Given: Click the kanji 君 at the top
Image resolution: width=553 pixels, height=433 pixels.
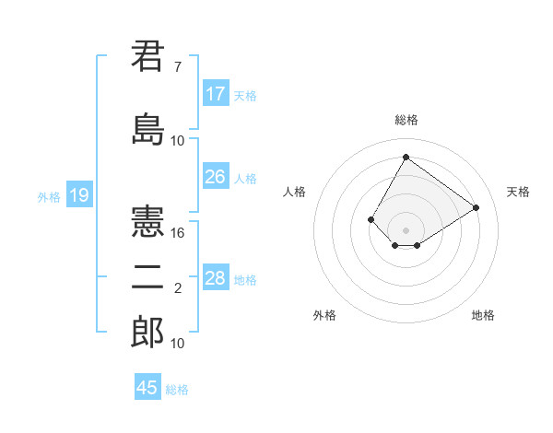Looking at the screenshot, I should click(147, 57).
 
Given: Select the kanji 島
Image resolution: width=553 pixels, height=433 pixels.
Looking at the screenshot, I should click(147, 127).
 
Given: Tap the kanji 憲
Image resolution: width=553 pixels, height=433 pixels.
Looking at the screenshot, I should click(147, 221).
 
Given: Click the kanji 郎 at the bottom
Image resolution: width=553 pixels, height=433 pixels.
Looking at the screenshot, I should click(147, 332).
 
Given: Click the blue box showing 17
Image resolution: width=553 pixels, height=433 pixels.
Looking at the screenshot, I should click(216, 94).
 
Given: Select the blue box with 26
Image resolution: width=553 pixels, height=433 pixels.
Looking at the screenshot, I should click(216, 177).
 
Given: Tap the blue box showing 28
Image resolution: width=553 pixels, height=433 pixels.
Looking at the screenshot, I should click(216, 278).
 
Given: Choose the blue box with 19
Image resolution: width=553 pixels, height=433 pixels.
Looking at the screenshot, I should click(78, 195).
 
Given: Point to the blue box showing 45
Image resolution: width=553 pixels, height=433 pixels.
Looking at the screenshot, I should click(147, 388).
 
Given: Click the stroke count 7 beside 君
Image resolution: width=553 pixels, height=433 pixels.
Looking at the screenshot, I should click(177, 67).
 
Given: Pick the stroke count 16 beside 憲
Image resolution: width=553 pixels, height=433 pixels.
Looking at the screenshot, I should click(178, 233).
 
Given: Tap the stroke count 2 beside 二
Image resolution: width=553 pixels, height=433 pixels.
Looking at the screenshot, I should click(177, 289).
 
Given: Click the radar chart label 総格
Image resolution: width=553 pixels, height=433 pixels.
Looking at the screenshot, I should click(406, 120).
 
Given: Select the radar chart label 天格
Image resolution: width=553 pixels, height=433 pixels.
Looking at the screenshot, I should click(518, 192).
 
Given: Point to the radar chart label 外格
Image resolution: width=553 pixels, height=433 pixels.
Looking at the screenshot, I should click(324, 315).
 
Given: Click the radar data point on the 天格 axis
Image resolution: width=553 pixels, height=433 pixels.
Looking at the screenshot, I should click(477, 207).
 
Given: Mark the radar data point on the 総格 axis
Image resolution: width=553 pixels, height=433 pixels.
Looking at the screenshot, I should click(406, 157).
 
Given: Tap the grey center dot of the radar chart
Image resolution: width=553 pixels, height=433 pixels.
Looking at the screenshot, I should click(406, 229).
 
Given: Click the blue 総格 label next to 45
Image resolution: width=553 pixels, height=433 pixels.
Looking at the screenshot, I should click(177, 390).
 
